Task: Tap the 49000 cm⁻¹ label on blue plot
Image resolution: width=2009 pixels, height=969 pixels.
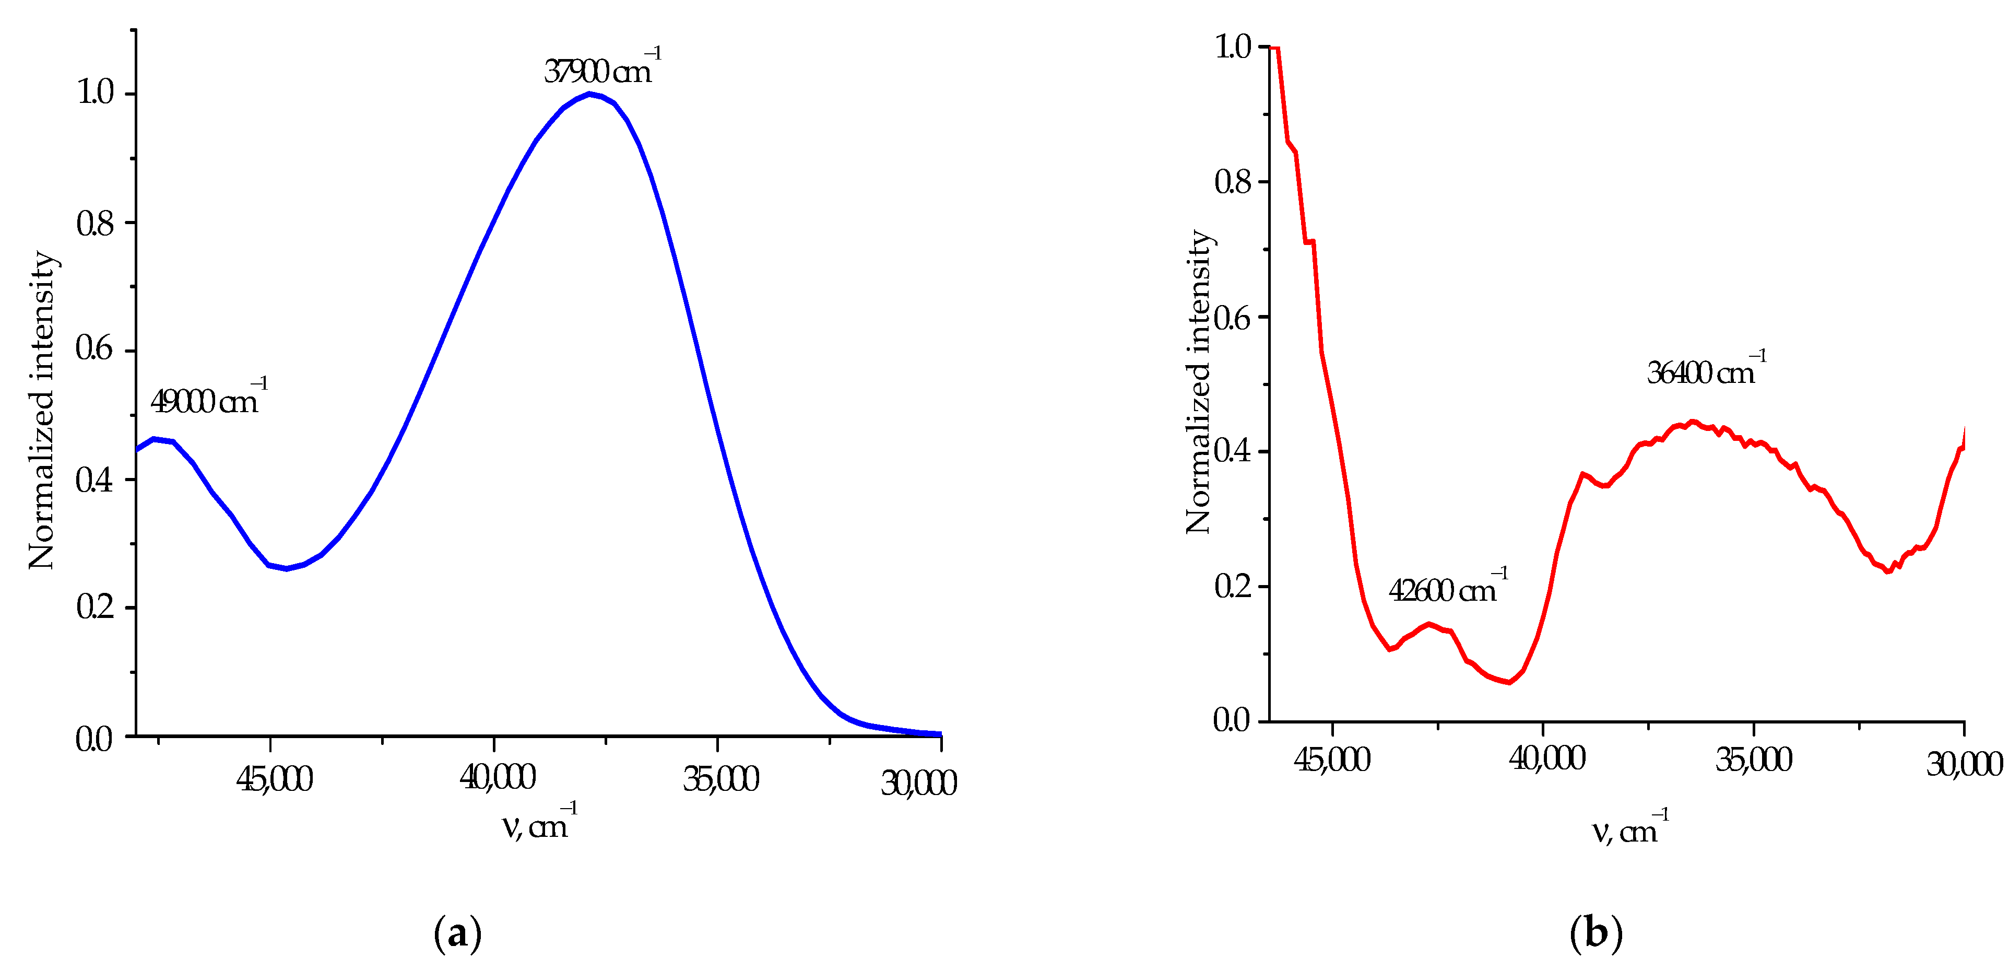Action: [207, 400]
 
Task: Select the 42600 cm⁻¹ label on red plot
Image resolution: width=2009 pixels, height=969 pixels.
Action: [1447, 590]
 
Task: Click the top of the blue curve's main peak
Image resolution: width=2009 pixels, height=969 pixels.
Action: [590, 95]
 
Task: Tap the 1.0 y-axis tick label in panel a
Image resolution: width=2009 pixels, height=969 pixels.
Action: [94, 93]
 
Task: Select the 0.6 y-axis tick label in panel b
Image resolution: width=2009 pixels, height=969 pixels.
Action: [1232, 318]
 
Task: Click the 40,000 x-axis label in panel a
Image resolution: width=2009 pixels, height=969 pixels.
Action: [497, 778]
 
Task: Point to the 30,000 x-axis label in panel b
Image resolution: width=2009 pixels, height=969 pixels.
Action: [1964, 763]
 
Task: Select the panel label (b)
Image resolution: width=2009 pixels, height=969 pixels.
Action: [1596, 933]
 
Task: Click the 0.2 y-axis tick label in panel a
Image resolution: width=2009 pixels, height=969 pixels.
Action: [94, 607]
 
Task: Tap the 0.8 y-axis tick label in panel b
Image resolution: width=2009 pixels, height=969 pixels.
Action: [1232, 182]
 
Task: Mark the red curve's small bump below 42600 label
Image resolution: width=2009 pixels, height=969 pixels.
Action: [1429, 624]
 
